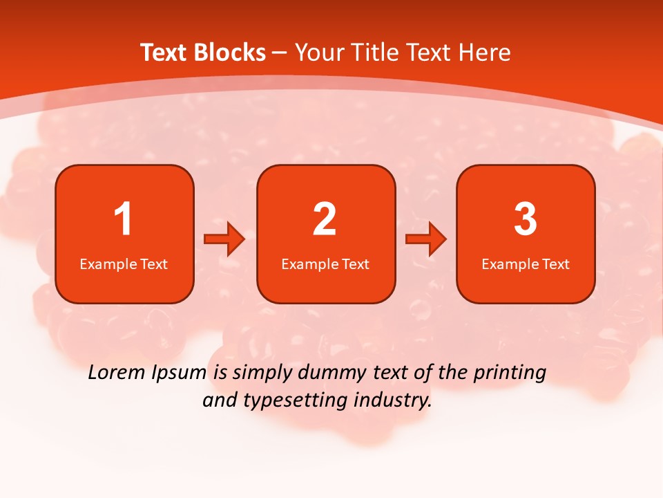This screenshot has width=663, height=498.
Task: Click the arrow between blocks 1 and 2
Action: pos(225,239)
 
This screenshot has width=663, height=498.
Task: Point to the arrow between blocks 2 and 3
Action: pos(426,239)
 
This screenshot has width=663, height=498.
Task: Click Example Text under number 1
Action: pos(124,264)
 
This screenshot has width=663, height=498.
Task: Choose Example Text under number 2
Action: pos(325,264)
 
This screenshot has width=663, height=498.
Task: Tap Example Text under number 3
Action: pos(526,264)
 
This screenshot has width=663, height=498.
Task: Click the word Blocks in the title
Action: pos(230,53)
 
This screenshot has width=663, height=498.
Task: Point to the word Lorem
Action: pos(116,373)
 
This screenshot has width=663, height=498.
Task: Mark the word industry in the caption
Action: pos(392,401)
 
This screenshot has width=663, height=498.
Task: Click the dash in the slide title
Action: pos(280,53)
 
